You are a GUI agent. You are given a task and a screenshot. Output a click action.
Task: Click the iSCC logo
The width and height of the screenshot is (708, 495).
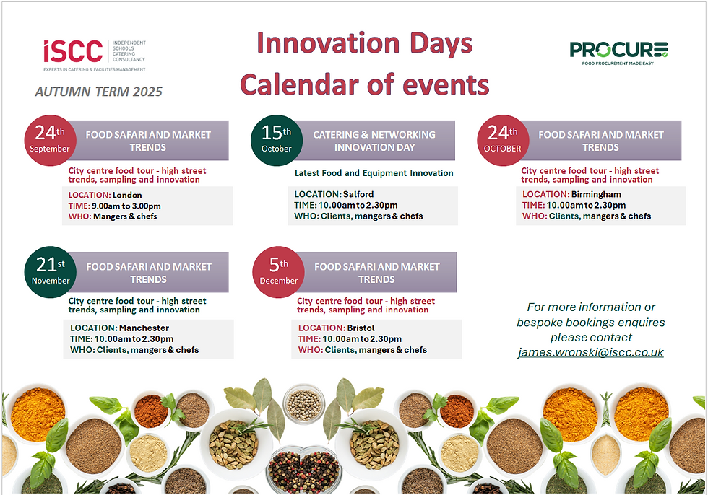95,56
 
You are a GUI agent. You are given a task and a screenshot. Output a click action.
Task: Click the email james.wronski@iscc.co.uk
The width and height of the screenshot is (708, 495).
591,353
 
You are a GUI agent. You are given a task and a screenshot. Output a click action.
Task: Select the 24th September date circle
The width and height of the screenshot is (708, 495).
50,140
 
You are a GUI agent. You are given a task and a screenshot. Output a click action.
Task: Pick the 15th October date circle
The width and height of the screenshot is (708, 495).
276,140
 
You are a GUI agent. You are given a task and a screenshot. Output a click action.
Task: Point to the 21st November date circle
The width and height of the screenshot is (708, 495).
50,272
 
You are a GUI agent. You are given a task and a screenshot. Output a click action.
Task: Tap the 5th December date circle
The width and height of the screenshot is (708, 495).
278,272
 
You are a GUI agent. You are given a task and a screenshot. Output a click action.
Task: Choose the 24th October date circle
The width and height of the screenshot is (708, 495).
503,140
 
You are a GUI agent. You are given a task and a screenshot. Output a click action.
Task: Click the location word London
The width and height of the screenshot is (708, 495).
127,196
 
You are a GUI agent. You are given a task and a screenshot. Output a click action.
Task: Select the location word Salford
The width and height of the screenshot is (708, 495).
358,194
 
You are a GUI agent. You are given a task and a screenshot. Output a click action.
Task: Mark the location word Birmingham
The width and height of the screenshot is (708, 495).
596,195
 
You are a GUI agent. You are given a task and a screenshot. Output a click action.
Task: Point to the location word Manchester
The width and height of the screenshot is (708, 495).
144,328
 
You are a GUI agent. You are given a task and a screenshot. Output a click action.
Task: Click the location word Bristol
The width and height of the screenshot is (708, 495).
361,328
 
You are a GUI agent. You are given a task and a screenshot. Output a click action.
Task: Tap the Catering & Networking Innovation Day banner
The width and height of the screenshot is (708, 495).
374,141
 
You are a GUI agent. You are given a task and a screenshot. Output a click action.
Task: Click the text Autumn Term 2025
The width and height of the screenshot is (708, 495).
99,92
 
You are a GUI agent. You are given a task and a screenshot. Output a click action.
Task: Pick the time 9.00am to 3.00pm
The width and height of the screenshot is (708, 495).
126,206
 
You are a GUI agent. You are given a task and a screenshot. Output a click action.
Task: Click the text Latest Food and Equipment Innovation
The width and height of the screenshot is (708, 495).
374,173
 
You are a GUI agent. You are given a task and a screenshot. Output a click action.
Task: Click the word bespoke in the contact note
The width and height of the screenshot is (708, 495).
540,323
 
